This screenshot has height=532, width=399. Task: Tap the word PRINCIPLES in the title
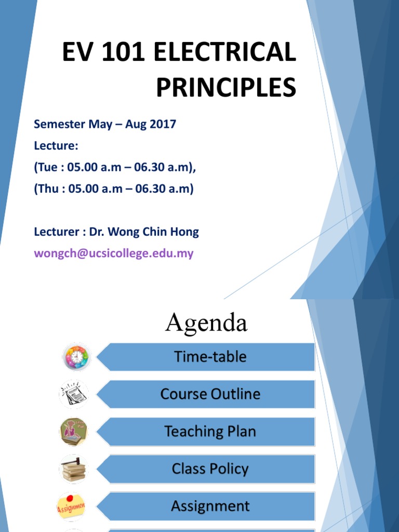coord(226,88)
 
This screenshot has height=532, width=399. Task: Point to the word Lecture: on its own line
coord(56,146)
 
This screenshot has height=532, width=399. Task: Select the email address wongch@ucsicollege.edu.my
coord(114,254)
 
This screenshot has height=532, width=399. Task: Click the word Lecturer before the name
coord(57,232)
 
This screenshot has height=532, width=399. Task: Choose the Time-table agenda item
coord(210,357)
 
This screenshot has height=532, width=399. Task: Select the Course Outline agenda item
coord(210,394)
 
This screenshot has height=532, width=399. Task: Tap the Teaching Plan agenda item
coord(210,432)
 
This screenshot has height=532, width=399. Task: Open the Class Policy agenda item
coord(210,469)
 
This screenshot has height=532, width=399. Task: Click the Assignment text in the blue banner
coord(210,506)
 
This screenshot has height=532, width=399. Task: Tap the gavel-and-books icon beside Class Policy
coord(73,469)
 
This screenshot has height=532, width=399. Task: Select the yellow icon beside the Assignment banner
coord(72,506)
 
